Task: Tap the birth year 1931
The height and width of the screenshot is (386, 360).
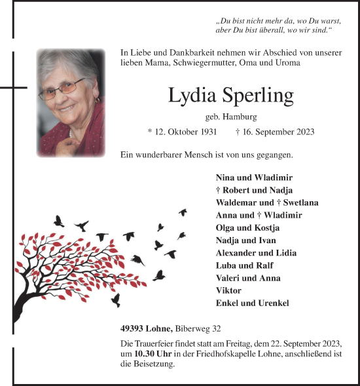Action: pos(209,132)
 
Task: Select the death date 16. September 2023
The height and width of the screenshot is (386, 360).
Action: pos(278,132)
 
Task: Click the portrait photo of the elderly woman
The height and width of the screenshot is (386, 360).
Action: pos(71,102)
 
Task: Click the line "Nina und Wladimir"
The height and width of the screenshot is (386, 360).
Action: pos(254,178)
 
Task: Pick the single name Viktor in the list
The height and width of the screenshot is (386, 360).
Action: pos(228,290)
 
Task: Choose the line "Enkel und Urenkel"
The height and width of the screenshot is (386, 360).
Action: pos(252,303)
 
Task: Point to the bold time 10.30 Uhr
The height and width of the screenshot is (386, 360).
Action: pos(153,355)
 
